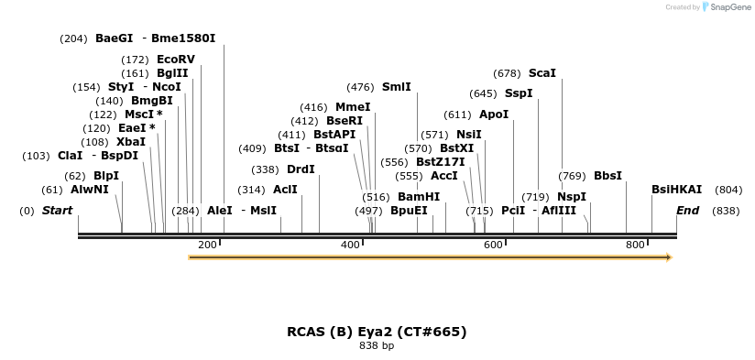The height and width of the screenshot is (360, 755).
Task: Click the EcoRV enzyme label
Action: pos(176,60)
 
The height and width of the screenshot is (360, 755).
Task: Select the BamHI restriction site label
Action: pos(419,197)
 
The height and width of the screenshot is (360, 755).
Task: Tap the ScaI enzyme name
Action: pos(542,73)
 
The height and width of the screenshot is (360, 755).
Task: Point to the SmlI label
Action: pos(397,87)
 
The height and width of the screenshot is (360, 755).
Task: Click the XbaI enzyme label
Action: pos(131,142)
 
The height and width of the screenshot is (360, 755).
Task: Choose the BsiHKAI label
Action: pos(676,190)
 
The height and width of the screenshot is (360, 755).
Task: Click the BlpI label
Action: pos(106,176)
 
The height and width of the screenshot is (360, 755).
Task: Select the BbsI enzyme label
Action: pos(607,176)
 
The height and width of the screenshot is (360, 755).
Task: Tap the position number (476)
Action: pos(360,87)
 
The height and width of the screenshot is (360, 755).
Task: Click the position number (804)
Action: pos(728,190)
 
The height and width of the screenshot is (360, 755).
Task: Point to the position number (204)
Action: pos(73,38)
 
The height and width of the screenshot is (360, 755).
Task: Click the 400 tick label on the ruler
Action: pos(351,245)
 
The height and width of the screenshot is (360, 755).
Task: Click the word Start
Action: pos(57,211)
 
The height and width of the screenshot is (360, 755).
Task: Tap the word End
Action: pos(687,211)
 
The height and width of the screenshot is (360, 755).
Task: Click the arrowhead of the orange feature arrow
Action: pos(669,257)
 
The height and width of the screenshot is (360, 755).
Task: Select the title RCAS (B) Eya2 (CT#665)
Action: pos(377,332)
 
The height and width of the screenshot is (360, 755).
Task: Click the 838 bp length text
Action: pos(377,346)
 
